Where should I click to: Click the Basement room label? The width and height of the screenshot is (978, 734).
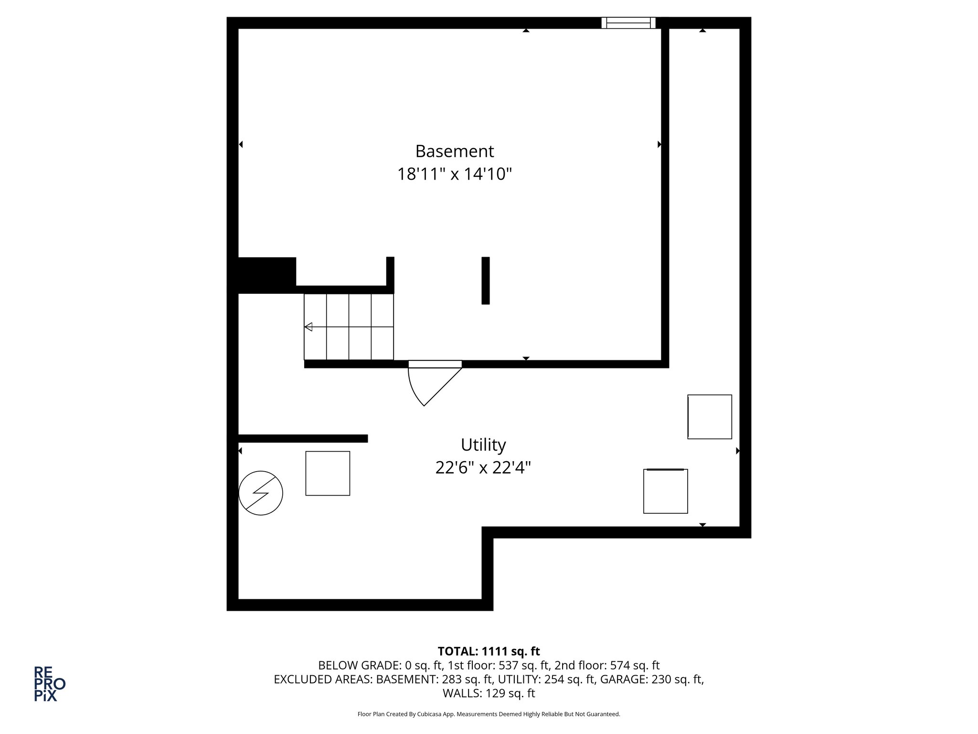454,151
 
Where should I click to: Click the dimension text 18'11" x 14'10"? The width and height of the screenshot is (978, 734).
454,174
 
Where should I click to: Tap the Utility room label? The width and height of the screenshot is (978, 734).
483,445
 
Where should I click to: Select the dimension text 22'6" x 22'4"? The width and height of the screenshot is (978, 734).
483,467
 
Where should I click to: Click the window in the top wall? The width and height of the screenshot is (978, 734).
628,22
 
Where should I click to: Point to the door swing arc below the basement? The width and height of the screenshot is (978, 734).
420,389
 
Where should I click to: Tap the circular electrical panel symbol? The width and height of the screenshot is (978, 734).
261,493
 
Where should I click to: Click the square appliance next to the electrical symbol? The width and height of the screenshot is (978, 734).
328,473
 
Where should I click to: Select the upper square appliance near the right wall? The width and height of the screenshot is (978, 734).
710,417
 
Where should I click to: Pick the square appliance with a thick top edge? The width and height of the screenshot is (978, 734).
665,491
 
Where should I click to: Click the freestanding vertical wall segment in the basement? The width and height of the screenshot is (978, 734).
485,281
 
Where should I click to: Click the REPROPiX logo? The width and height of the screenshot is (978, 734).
49,684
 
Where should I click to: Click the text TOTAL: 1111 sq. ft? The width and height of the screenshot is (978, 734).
489,651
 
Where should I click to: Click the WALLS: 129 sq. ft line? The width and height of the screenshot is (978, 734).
489,693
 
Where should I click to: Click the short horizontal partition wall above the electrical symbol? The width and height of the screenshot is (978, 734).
302,438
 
